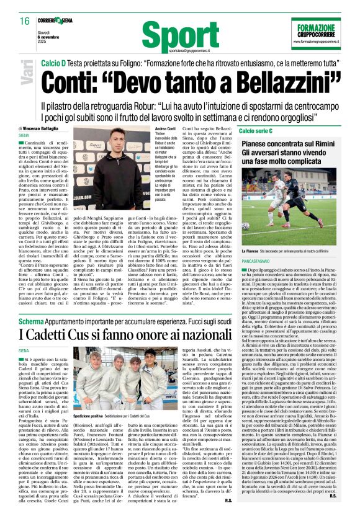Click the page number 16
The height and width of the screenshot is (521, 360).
16,21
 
